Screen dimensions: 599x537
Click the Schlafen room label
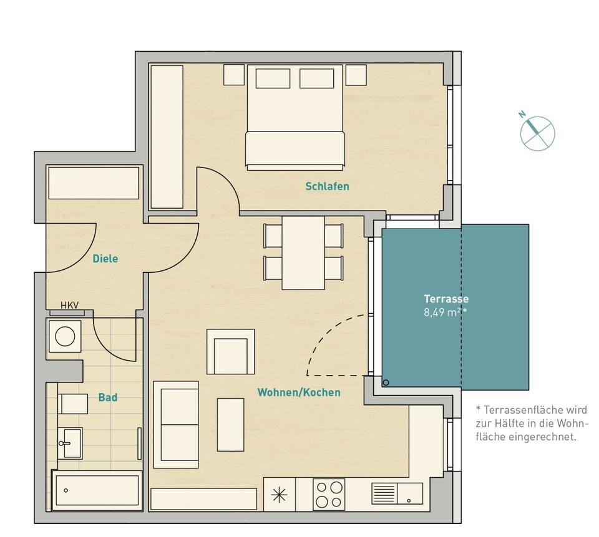(x=327, y=186)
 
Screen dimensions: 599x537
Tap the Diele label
(x=105, y=259)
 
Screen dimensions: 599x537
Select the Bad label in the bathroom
(x=107, y=397)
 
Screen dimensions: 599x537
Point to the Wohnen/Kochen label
(x=299, y=392)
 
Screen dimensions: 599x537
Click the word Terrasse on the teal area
(x=446, y=299)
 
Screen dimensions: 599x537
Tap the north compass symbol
(x=537, y=131)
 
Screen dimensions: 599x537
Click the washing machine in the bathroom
(x=64, y=336)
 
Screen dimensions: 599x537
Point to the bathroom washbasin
(x=70, y=442)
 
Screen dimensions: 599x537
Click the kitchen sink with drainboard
(x=397, y=493)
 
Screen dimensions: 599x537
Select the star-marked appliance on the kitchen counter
(x=279, y=495)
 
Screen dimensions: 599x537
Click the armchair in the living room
(x=230, y=352)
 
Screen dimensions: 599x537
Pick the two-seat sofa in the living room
(x=176, y=424)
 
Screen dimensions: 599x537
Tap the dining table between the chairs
(x=303, y=252)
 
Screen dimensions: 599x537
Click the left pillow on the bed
(x=273, y=79)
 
